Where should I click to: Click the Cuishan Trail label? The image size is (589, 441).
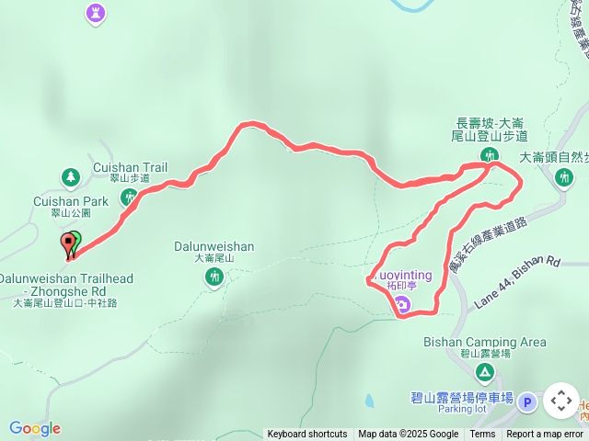coord(130,168)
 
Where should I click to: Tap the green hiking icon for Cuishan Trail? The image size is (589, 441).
coord(129,196)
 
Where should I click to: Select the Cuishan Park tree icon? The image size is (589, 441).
coord(70,175)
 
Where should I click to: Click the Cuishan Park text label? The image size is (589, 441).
coord(70,201)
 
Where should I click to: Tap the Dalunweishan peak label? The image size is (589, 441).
coord(214,246)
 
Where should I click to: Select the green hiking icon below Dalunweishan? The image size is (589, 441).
coord(214,277)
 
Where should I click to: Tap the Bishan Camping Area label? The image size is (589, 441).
coord(484,343)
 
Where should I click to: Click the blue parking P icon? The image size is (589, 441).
coord(526,401)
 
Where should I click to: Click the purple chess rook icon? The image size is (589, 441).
coord(96,13)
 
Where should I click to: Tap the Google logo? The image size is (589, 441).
coord(35,428)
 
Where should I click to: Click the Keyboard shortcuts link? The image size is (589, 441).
coord(307,435)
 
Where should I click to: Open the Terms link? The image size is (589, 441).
coord(482,435)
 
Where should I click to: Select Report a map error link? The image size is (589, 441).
coord(545,435)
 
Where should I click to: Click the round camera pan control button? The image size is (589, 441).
coord(561,401)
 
